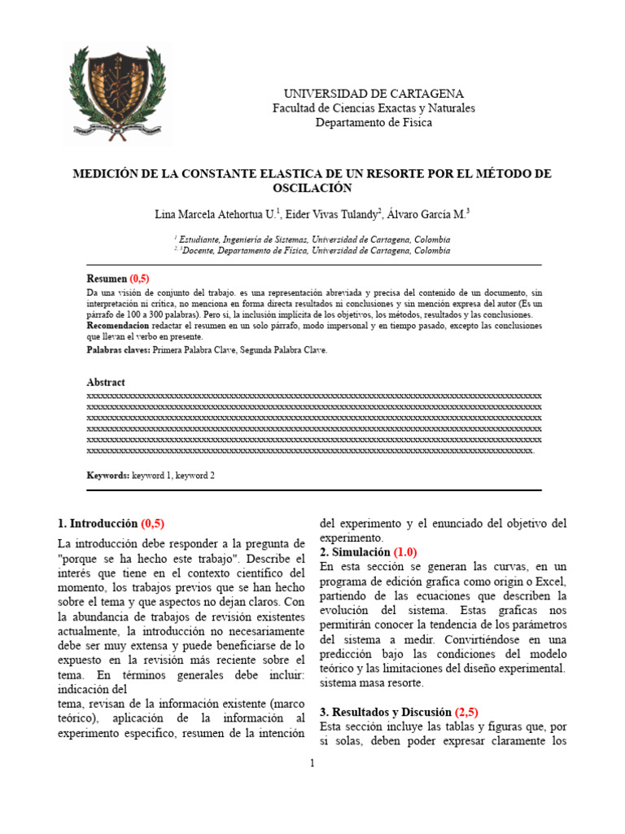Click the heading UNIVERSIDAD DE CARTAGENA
tap(374, 94)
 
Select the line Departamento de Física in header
tap(374, 123)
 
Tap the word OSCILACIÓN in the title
tap(312, 188)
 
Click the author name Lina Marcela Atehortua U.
tap(216, 215)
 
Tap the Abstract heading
tap(106, 382)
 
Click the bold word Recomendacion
tap(120, 326)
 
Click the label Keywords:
tap(108, 475)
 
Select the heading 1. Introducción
tap(98, 524)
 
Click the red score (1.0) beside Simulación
tap(405, 552)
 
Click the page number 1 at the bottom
tap(312, 763)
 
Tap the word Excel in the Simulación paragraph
tap(550, 581)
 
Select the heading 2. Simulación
tap(355, 552)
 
